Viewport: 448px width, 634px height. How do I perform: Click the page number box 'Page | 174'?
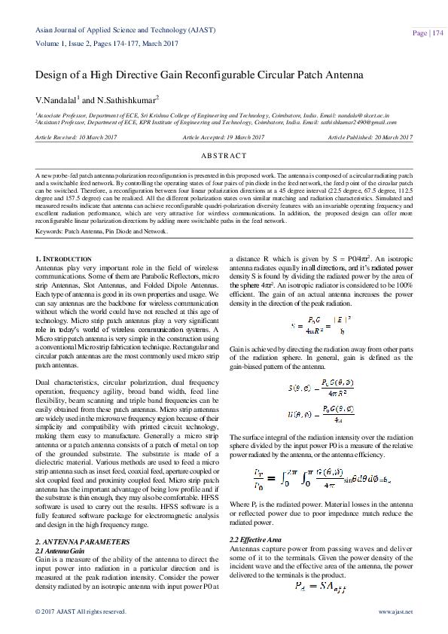point(425,33)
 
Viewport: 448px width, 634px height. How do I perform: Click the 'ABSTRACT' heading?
point(224,156)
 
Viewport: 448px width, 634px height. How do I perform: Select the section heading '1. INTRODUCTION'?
point(65,258)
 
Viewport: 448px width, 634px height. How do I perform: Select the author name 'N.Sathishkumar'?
point(128,99)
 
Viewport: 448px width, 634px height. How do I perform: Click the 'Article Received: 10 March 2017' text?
point(77,137)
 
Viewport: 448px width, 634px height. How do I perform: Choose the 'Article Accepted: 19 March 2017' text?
point(224,137)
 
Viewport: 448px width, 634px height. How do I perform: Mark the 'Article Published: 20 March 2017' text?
point(370,137)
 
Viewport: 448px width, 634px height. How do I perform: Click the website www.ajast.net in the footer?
point(395,611)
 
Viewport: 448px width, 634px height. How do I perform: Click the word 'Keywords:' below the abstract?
point(50,231)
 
